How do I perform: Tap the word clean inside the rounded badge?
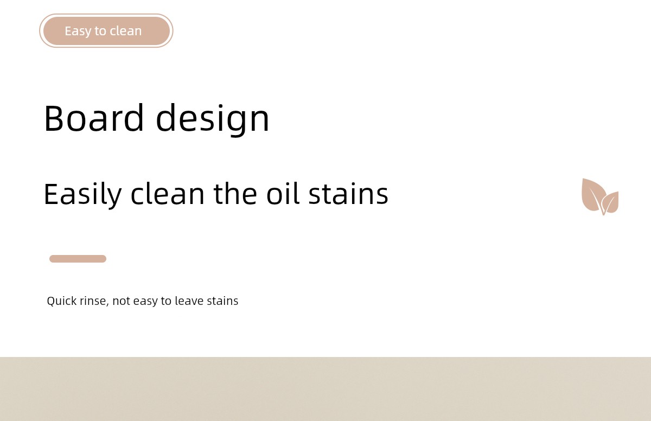click(125, 31)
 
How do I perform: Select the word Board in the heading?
click(93, 118)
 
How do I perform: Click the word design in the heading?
click(213, 119)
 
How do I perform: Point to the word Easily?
click(83, 194)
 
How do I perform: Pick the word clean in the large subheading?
click(168, 194)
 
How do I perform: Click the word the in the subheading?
click(235, 194)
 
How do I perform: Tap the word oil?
click(283, 194)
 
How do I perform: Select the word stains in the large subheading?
click(348, 194)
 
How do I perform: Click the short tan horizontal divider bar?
click(78, 259)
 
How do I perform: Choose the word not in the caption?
click(121, 301)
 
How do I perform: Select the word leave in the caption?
click(189, 301)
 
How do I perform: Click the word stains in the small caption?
click(222, 301)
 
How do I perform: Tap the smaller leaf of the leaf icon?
click(610, 202)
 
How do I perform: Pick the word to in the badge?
click(100, 31)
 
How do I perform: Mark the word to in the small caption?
click(166, 301)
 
